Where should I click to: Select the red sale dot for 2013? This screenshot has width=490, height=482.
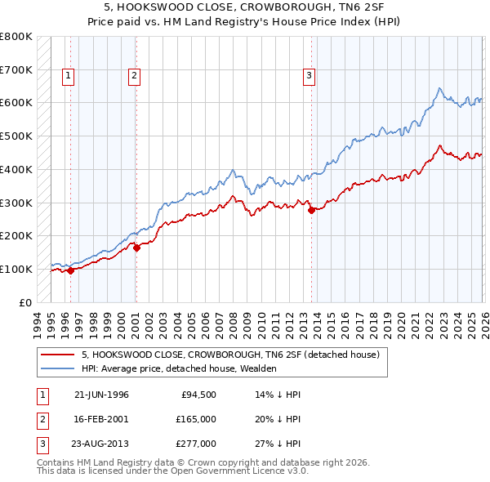click(311, 210)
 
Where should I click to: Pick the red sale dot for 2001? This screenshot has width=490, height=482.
click(136, 248)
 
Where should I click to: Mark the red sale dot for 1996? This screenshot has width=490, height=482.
click(70, 271)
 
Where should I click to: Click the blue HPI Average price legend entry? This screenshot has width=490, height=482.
click(179, 369)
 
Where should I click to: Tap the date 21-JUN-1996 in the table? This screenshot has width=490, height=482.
click(101, 394)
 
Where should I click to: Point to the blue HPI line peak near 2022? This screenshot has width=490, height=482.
click(439, 88)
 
